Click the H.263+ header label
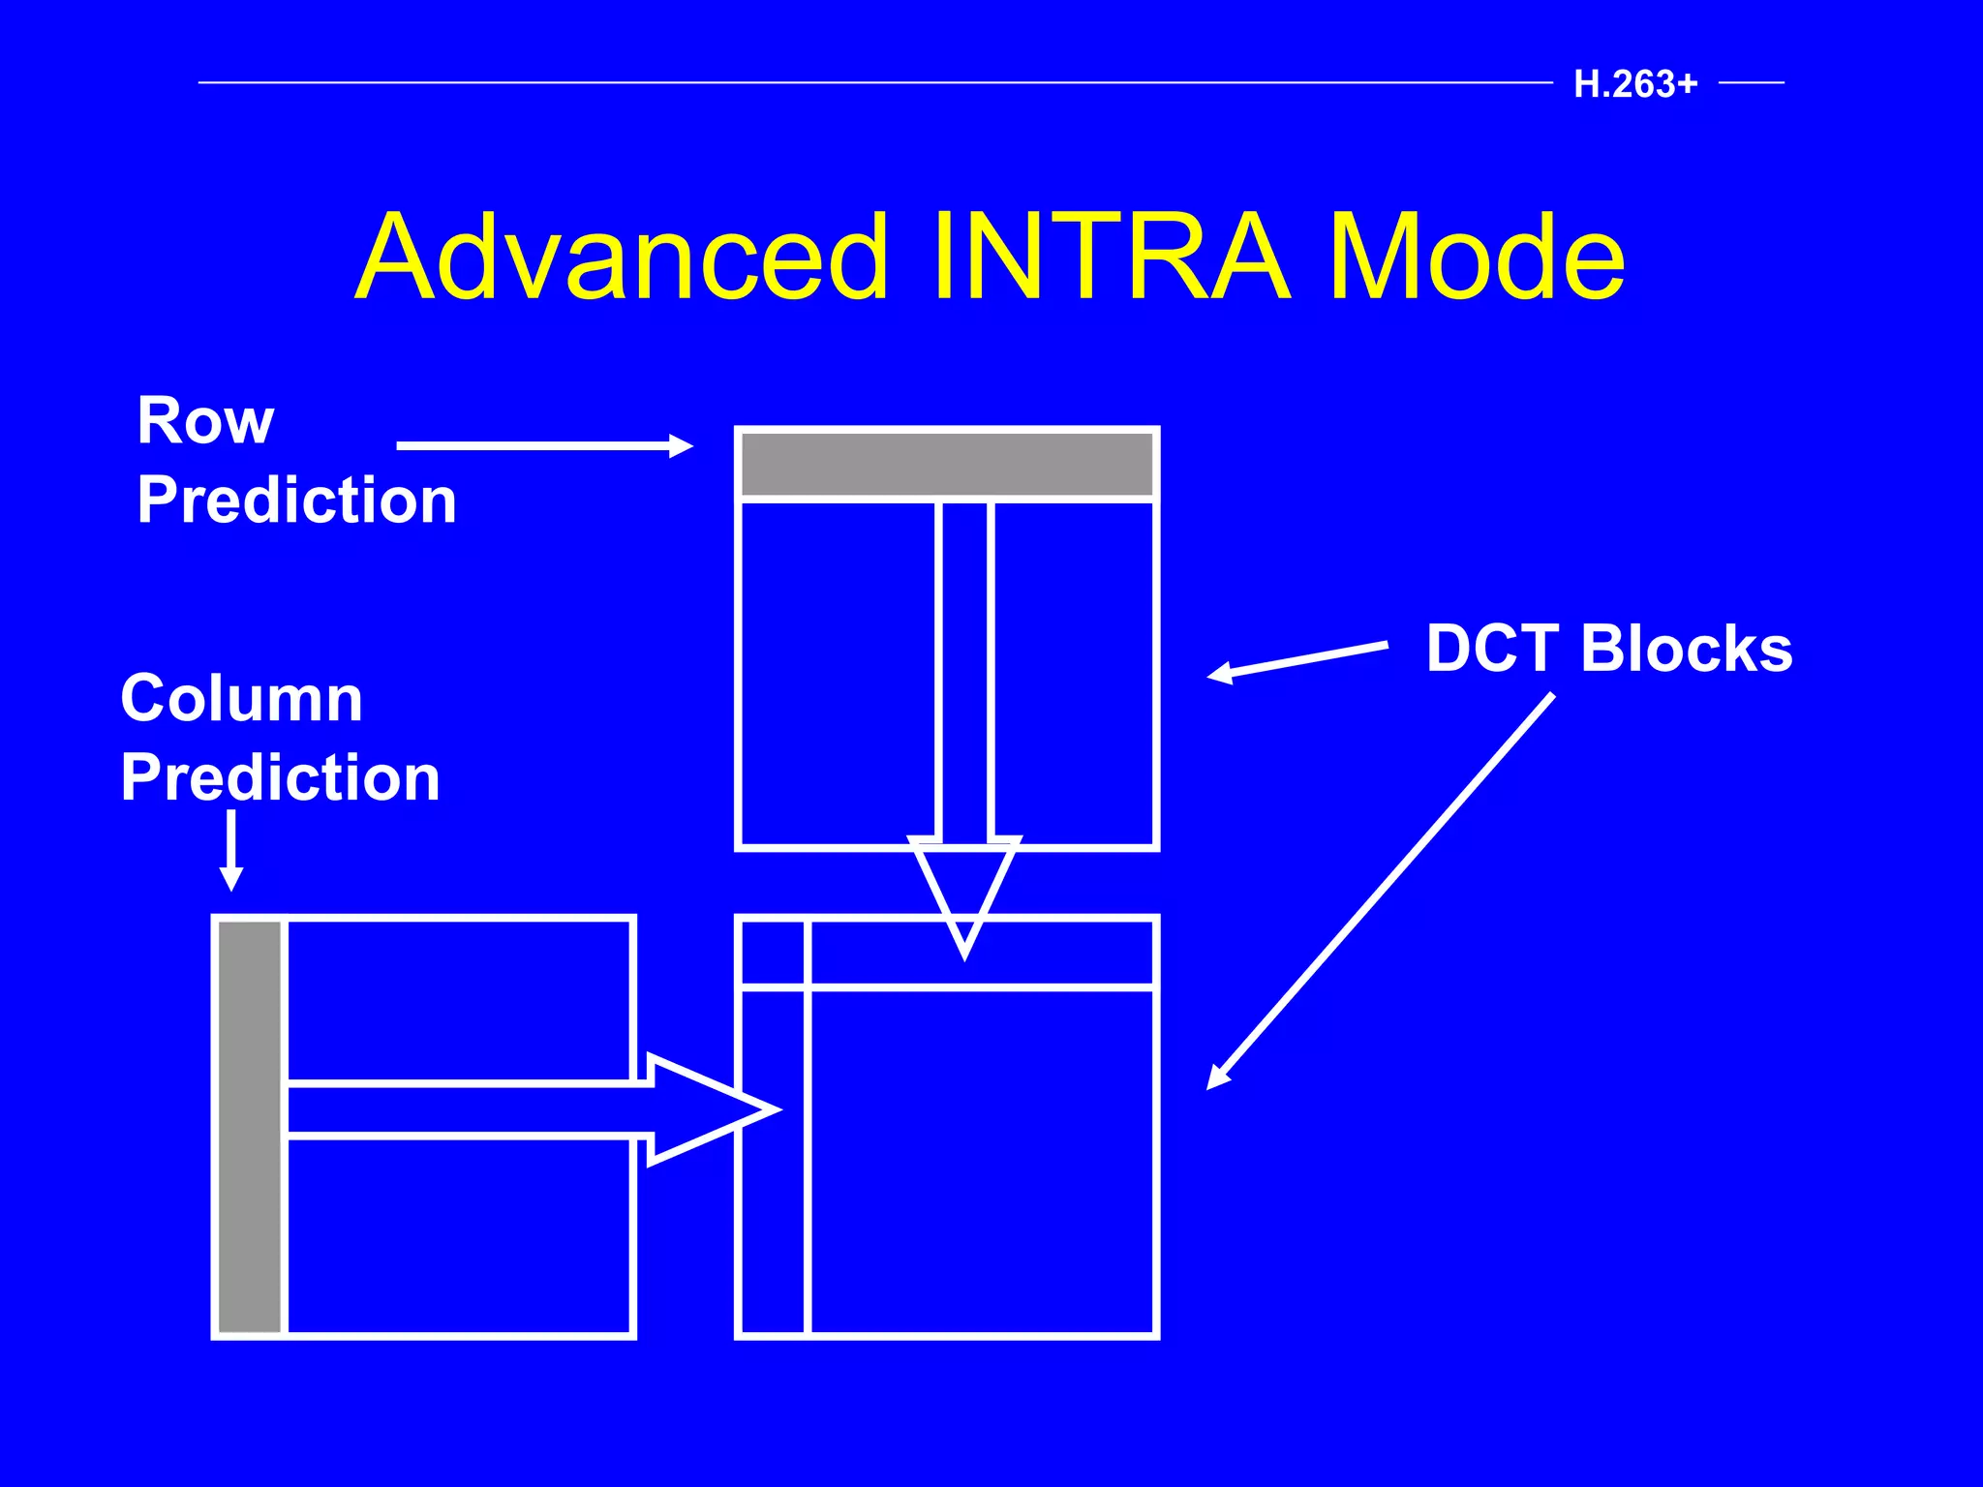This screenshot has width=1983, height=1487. [x=1635, y=84]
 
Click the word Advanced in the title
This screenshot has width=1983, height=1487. [x=621, y=258]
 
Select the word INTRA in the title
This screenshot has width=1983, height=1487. [x=1111, y=258]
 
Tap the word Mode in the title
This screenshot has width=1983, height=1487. [x=1476, y=258]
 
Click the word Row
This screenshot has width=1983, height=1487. [x=205, y=421]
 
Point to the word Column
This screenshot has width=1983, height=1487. [x=241, y=698]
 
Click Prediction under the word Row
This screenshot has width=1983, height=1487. [x=296, y=501]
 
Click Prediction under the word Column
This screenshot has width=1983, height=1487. [x=280, y=777]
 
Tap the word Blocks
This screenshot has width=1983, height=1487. [x=1686, y=648]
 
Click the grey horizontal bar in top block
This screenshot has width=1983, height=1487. [x=947, y=465]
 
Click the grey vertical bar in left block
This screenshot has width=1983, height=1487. [x=250, y=1126]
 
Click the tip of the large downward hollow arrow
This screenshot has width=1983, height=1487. [x=964, y=953]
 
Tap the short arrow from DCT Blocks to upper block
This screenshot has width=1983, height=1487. [x=1297, y=659]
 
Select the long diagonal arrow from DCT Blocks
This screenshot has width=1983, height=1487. [x=1380, y=892]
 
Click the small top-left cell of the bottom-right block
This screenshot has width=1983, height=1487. [x=773, y=953]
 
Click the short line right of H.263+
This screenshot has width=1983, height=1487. [x=1751, y=83]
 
